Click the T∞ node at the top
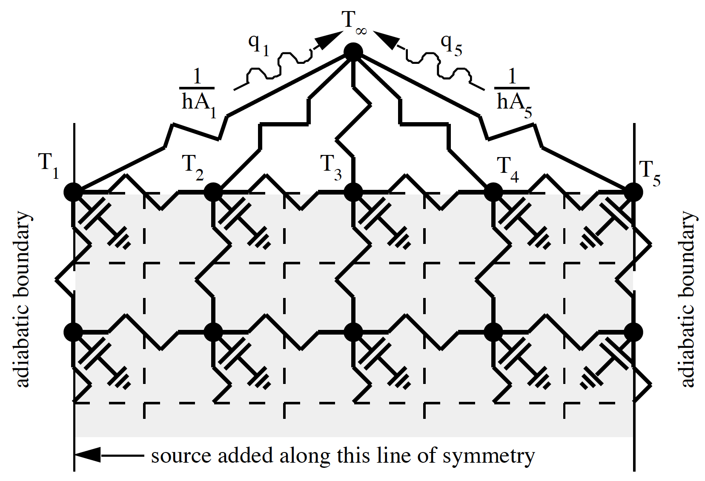pos(353,52)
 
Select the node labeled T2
pos(213,192)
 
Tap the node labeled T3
pos(353,192)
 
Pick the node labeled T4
pos(493,192)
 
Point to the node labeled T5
pos(633,192)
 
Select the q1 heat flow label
pos(259,44)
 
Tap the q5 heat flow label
pos(451,44)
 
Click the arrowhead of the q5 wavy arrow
pos(386,40)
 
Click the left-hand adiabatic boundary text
pos(23,299)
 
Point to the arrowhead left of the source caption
pos(88,455)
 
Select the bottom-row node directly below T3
pos(353,332)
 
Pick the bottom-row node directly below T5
pos(633,332)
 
